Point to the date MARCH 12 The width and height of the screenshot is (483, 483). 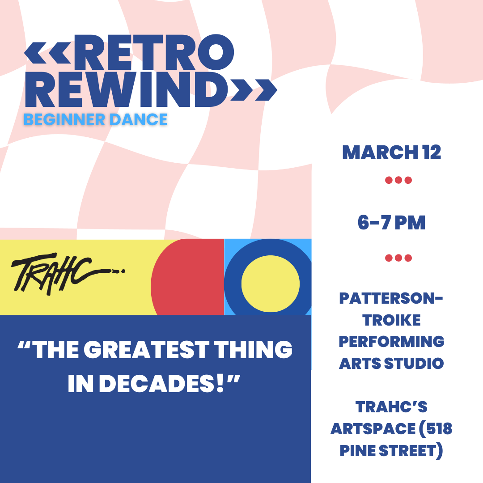[392, 153]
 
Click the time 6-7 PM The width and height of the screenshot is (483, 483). [392, 223]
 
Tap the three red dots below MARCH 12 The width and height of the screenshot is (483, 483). [398, 181]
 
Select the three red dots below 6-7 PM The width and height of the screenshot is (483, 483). [398, 258]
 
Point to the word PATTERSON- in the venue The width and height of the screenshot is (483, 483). [391, 298]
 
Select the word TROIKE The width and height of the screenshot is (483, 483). [392, 320]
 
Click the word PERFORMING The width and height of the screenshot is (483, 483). [392, 341]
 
